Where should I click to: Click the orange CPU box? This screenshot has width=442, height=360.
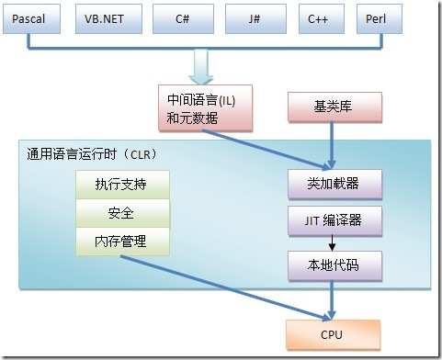point(334,333)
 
